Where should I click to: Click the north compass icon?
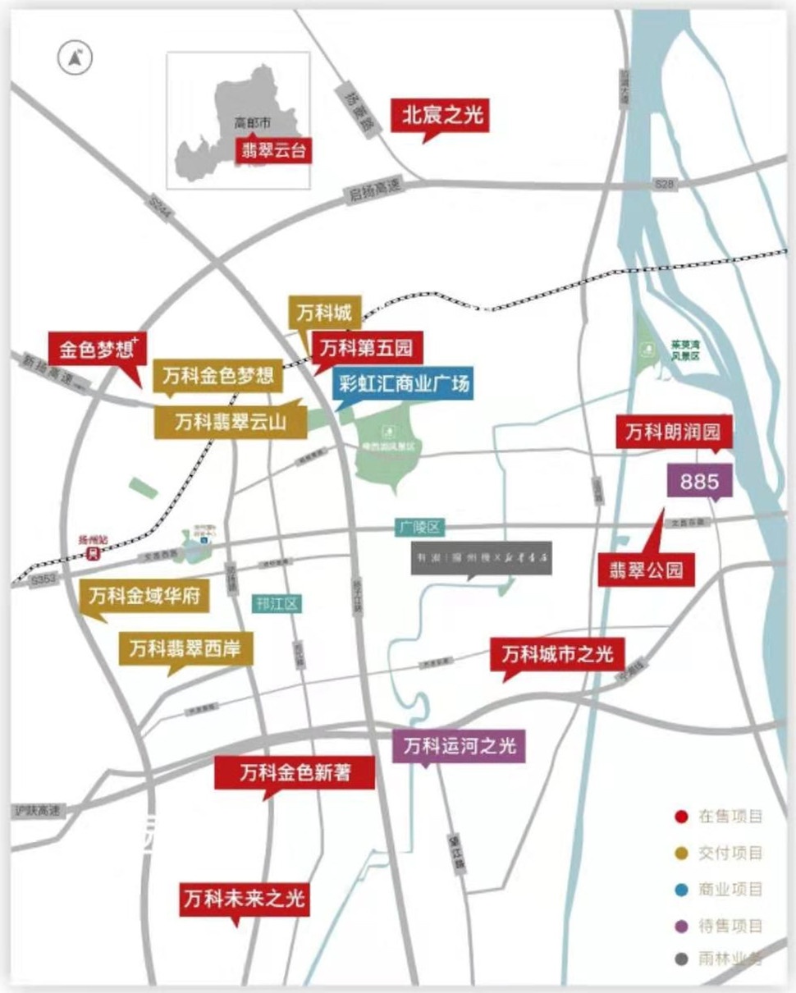click(75, 57)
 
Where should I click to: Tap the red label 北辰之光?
click(443, 116)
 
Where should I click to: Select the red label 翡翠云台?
click(276, 151)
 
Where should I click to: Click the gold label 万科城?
click(324, 313)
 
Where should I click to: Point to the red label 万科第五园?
click(366, 347)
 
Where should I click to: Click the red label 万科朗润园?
click(674, 432)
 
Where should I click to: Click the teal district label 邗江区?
click(277, 605)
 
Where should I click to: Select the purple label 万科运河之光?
click(459, 746)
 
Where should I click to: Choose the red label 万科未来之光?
click(245, 899)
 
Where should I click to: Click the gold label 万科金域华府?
click(144, 595)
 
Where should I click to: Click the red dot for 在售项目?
click(680, 817)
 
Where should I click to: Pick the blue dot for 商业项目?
click(680, 890)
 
